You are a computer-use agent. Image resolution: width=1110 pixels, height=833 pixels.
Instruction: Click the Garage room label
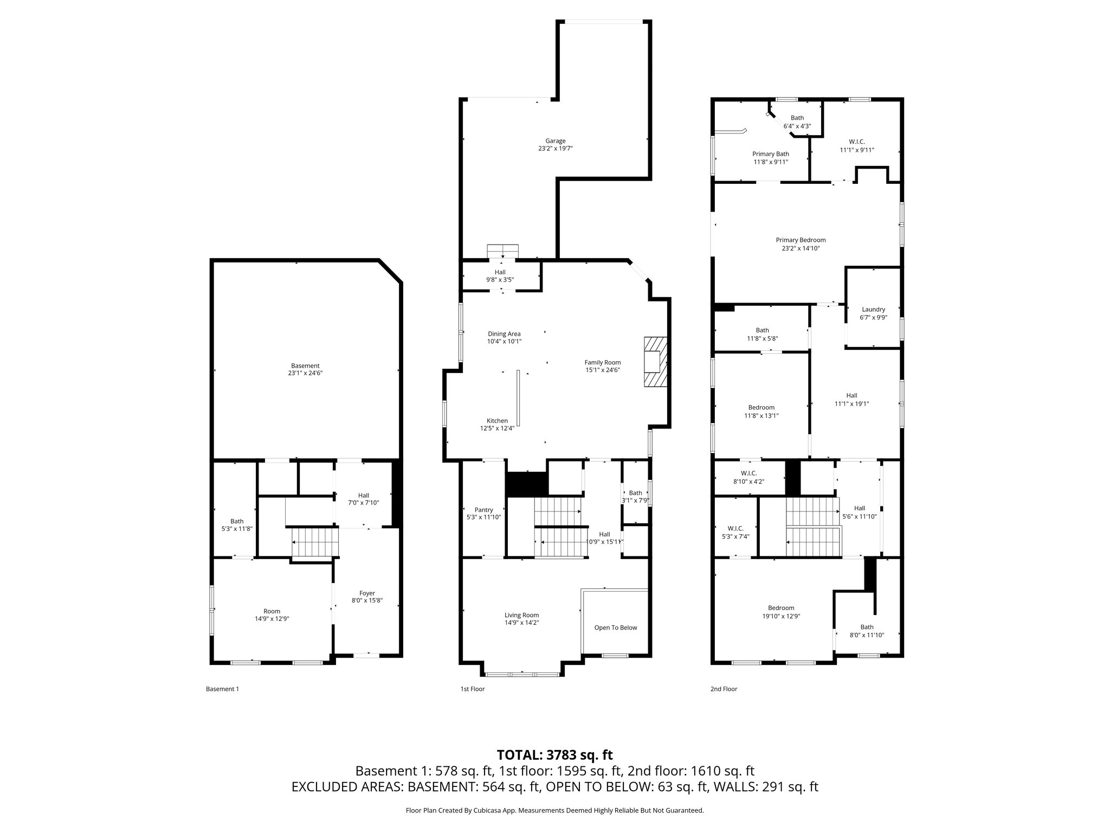point(555,141)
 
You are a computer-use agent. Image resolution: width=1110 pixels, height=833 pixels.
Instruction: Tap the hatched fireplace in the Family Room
point(655,362)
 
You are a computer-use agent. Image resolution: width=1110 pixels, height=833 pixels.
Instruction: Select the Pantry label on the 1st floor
point(483,510)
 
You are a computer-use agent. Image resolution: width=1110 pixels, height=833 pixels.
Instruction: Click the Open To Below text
point(615,627)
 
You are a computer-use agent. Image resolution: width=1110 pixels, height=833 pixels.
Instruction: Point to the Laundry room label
point(873,310)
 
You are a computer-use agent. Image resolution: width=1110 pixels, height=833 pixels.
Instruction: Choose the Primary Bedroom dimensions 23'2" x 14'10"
point(801,248)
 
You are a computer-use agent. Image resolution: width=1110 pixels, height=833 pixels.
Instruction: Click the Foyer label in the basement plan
point(367,593)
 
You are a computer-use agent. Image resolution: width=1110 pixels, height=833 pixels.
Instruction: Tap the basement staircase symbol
point(315,542)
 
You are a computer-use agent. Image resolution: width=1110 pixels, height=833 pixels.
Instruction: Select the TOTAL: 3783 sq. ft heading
point(554,755)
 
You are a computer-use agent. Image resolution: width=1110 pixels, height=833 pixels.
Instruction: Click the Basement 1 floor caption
point(222,689)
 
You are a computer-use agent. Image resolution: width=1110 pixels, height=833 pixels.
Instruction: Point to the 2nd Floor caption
point(724,689)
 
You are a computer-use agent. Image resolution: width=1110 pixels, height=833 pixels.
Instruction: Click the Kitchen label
point(497,421)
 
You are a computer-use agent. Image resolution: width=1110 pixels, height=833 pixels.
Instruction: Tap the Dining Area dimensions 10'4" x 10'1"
point(504,342)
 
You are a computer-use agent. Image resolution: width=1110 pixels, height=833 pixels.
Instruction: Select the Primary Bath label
point(770,154)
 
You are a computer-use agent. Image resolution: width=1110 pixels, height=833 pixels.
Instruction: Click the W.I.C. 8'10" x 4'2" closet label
point(748,473)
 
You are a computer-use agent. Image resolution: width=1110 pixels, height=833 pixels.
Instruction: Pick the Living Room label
point(521,615)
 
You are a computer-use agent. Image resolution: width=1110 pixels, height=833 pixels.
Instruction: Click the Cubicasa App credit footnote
point(554,811)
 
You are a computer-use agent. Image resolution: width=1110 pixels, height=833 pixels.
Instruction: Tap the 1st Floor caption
point(472,689)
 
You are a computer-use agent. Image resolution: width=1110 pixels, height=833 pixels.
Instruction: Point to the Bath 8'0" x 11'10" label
point(867,627)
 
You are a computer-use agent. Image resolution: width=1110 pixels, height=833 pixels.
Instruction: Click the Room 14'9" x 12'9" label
point(272,611)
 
